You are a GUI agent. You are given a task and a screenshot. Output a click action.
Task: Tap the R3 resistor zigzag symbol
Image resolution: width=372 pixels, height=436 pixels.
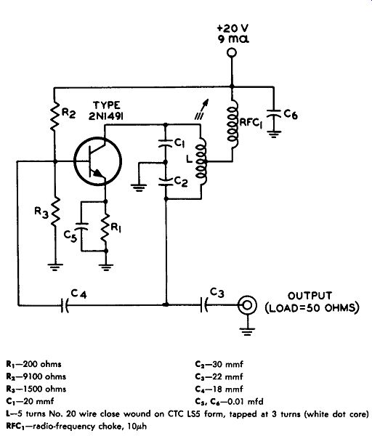point(55,212)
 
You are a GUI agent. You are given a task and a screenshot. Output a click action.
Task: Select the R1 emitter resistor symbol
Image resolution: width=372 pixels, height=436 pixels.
point(105,227)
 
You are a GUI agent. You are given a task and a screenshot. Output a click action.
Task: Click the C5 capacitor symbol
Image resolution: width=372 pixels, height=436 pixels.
point(82,226)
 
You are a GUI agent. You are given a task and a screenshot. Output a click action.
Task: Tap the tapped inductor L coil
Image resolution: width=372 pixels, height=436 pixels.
point(201,161)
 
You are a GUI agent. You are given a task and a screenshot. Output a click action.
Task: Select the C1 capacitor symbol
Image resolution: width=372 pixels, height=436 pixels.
point(166,143)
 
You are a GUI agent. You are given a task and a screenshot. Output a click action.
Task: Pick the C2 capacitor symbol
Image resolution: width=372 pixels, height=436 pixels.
point(166,182)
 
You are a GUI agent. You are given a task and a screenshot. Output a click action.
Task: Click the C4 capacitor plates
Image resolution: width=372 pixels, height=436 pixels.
point(65,305)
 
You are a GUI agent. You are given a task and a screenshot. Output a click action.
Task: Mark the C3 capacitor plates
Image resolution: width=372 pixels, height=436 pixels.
point(203,304)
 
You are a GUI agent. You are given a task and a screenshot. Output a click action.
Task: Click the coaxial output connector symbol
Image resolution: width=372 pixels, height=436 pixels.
point(247,305)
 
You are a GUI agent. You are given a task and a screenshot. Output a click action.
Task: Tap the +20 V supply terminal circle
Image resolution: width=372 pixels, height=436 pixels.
point(231,52)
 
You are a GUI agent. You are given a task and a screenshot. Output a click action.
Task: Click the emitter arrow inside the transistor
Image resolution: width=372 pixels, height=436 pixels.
point(97,173)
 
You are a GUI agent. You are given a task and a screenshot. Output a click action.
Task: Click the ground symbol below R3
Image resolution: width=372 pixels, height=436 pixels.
point(55,267)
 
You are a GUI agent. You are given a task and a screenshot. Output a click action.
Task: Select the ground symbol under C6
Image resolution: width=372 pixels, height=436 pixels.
point(274,134)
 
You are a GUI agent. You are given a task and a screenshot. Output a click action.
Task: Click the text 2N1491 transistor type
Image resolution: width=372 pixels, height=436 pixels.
point(106,116)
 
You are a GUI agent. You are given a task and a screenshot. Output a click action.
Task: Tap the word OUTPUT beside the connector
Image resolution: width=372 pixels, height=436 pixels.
point(310,296)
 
